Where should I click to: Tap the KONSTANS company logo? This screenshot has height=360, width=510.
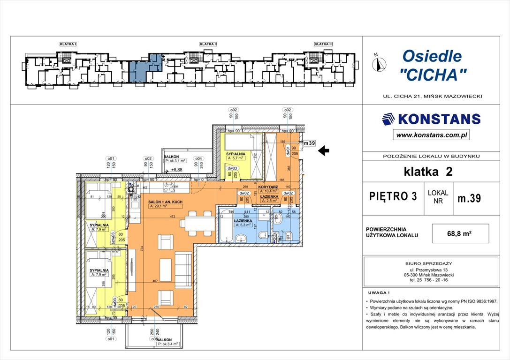[x=431, y=120]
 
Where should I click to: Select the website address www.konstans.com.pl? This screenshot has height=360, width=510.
[x=431, y=135]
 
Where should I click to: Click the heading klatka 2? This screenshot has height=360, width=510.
[x=428, y=172]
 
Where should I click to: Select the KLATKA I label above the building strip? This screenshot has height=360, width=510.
[x=68, y=44]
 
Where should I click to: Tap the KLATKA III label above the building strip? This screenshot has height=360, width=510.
[x=323, y=44]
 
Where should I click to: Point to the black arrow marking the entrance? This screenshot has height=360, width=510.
[x=324, y=150]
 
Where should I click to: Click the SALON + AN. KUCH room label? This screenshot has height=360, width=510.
[x=166, y=202]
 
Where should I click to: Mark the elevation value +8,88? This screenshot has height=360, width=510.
[x=176, y=170]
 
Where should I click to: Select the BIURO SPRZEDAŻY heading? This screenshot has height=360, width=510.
[x=432, y=263]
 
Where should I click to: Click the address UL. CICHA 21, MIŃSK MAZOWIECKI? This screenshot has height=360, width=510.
[x=432, y=96]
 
